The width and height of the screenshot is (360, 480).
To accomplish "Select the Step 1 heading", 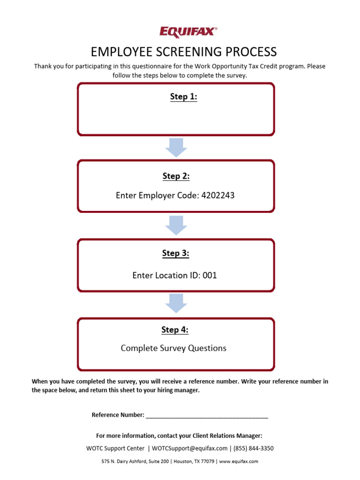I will tap(183, 97).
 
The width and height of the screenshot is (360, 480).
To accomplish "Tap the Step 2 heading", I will tap(176, 176).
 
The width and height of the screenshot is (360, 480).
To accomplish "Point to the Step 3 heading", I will tap(176, 253).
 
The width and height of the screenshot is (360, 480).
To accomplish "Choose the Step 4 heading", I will tap(175, 330).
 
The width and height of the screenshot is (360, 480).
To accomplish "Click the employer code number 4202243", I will tap(217, 195).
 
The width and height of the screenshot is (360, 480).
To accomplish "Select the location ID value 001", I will tap(210, 275).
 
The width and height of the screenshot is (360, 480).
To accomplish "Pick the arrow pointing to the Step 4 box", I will tap(176, 303).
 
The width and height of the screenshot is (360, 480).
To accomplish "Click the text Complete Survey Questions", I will tap(173, 348).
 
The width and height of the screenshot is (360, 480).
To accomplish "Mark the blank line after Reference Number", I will tap(207, 415).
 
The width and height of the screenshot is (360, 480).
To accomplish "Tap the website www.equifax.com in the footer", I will tap(239, 461).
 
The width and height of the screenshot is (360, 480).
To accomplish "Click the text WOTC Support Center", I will tap(115, 448).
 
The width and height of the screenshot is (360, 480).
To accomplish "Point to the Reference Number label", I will tap(118, 415).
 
